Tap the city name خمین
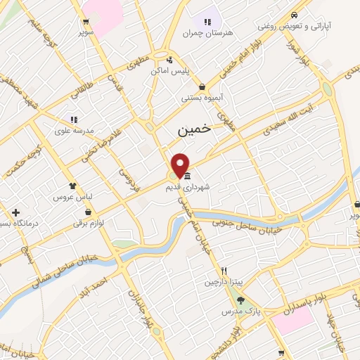pyautogui.click(x=190, y=131)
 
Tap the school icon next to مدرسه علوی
pyautogui.click(x=73, y=120)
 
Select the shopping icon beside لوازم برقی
pyautogui.click(x=87, y=212)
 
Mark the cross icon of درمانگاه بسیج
pyautogui.click(x=15, y=212)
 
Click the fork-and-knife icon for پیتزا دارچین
pyautogui.click(x=224, y=271)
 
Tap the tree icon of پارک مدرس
pyautogui.click(x=240, y=300)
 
